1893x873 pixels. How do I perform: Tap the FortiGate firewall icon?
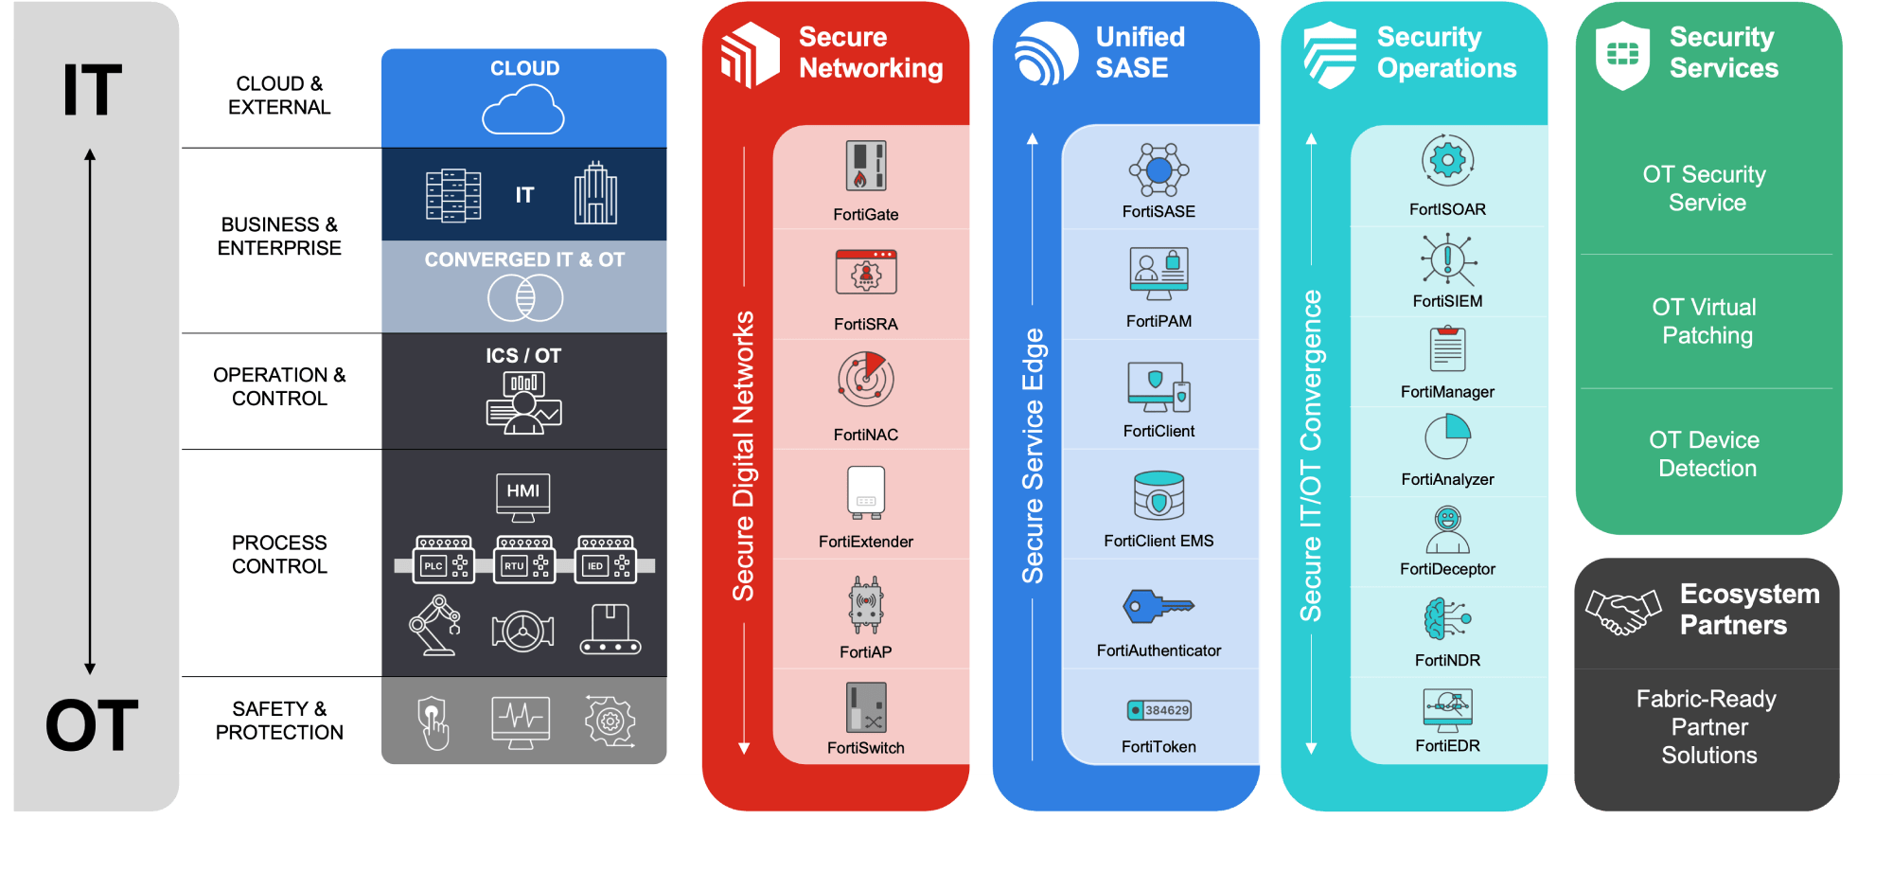click(865, 166)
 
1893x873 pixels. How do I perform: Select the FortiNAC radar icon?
click(865, 379)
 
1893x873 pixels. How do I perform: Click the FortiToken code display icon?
click(1159, 710)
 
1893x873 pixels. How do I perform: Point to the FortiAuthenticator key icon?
click(1158, 606)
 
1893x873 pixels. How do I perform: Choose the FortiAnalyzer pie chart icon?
click(1447, 437)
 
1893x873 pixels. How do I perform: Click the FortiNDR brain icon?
click(1446, 619)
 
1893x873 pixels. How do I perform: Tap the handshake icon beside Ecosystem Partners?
click(1623, 612)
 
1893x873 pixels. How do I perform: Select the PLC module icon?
click(444, 561)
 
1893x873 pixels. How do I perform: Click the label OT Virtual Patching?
click(1706, 321)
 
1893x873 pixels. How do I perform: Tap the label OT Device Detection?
click(1706, 454)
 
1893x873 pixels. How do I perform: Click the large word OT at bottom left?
click(92, 726)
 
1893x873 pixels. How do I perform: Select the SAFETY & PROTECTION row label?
click(279, 721)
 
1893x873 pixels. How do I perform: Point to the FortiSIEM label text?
click(1447, 301)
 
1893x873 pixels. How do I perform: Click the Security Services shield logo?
click(1622, 56)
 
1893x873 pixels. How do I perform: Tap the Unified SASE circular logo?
click(1046, 54)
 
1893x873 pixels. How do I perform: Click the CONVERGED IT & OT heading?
click(524, 259)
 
